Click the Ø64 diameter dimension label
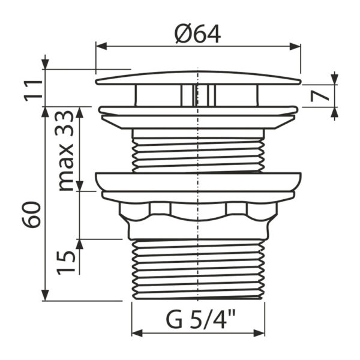(x=197, y=34)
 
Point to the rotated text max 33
(x=68, y=150)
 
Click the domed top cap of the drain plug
(x=197, y=78)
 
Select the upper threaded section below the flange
(x=197, y=155)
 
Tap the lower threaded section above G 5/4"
(x=197, y=267)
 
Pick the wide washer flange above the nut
(x=197, y=182)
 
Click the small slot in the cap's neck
(x=195, y=95)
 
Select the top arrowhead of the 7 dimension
(x=335, y=80)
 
